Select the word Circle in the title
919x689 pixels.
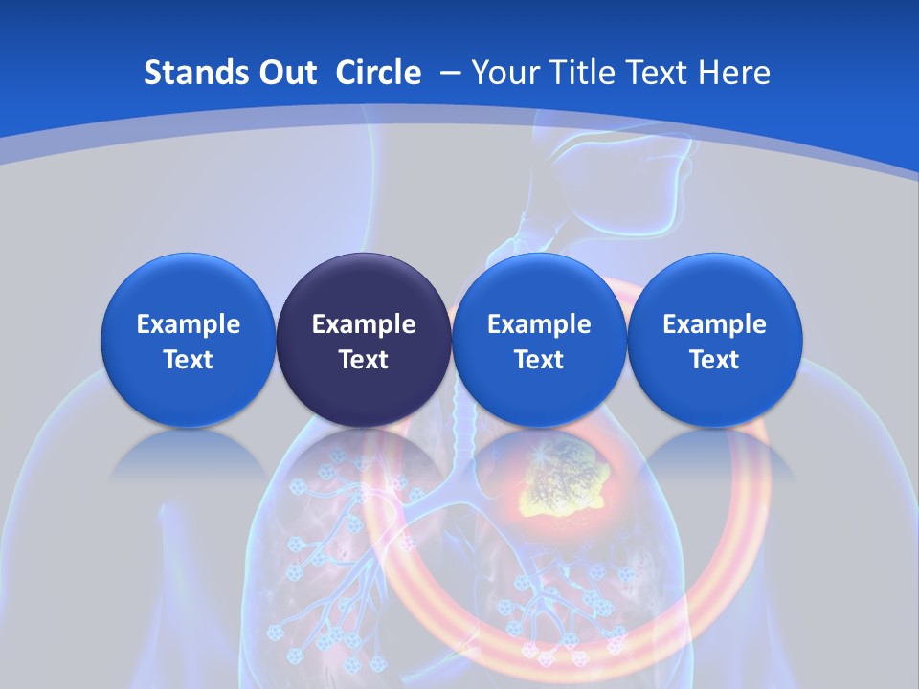point(378,73)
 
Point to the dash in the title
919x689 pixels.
point(450,73)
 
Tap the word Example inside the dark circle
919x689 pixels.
point(364,324)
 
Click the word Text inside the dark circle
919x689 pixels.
point(364,360)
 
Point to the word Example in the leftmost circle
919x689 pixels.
point(189,324)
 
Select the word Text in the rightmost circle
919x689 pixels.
point(715,360)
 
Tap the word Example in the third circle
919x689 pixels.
point(539,324)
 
